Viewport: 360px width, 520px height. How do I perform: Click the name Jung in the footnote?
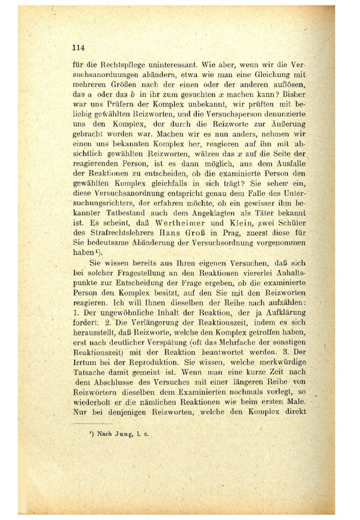point(122,434)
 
